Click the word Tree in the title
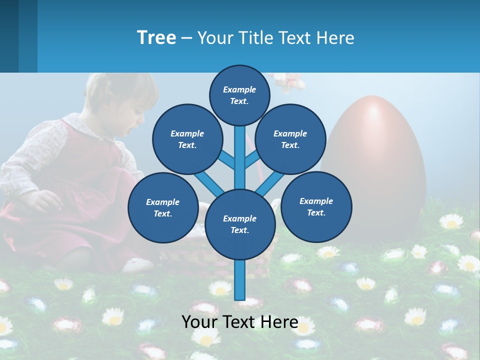(x=156, y=37)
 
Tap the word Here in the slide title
(x=336, y=38)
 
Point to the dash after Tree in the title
(x=186, y=38)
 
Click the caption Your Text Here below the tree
(x=239, y=322)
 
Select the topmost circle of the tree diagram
(x=239, y=95)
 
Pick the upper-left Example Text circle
(x=187, y=139)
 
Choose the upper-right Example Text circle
(x=290, y=139)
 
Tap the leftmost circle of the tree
(x=162, y=207)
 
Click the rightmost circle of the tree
(x=316, y=206)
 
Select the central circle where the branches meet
(x=239, y=224)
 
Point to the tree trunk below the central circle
(x=239, y=280)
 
